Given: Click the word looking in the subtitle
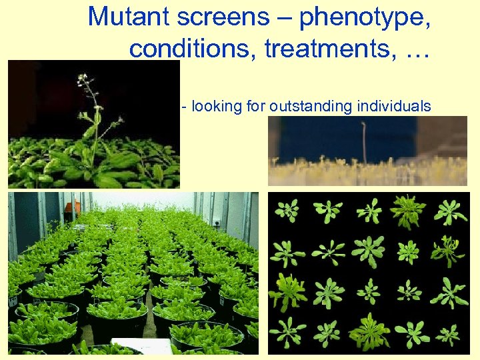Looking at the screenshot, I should coord(214,107).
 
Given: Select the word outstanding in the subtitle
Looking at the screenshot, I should coord(311,107).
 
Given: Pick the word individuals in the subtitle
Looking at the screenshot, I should coord(394,107).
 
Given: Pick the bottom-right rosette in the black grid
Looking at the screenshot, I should coord(447,333).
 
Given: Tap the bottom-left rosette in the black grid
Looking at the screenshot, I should coord(288,331).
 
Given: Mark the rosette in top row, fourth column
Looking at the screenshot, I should coord(409,211).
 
